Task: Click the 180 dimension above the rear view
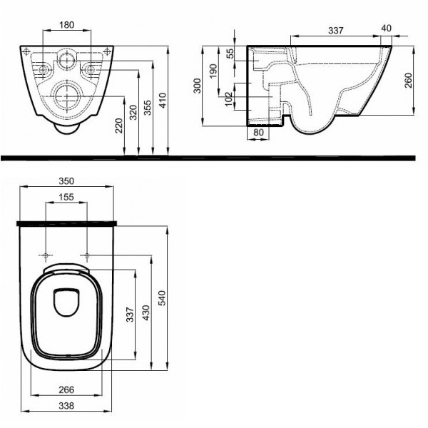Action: click(66, 25)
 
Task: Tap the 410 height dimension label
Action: click(163, 101)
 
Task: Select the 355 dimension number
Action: click(148, 108)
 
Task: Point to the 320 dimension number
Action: click(133, 113)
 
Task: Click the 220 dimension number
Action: click(119, 126)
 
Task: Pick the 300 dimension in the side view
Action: click(197, 86)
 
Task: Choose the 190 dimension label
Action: click(213, 71)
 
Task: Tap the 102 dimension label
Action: click(228, 99)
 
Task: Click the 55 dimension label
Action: click(230, 53)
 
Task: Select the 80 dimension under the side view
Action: click(258, 133)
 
